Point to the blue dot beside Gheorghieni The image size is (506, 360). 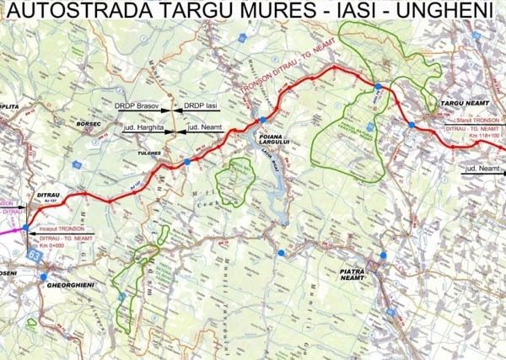tap(43, 277)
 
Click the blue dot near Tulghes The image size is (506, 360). tap(186, 161)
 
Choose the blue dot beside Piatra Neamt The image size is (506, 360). tap(384, 255)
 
